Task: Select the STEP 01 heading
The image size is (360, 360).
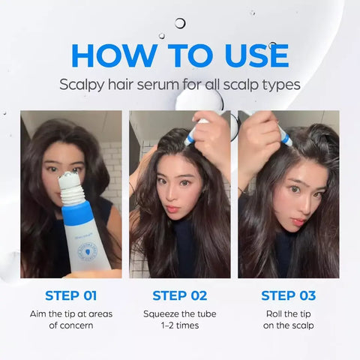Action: point(70,295)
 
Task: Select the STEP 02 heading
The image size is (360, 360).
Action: point(179,295)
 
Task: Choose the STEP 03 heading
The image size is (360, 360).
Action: point(288,295)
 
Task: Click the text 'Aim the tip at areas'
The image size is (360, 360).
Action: point(70,313)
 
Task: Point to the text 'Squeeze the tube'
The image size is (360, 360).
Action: point(179,313)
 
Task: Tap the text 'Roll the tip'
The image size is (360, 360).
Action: point(288,313)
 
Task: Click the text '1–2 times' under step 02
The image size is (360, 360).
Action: point(179,325)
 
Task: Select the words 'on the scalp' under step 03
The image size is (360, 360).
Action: point(288,325)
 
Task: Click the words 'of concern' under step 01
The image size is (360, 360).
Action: point(70,325)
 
